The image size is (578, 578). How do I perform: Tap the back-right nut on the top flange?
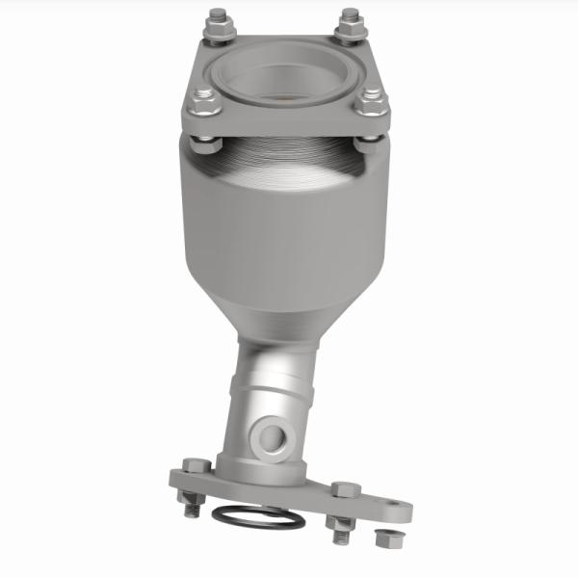(x=349, y=20)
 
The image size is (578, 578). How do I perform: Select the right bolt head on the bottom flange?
(x=343, y=489)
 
